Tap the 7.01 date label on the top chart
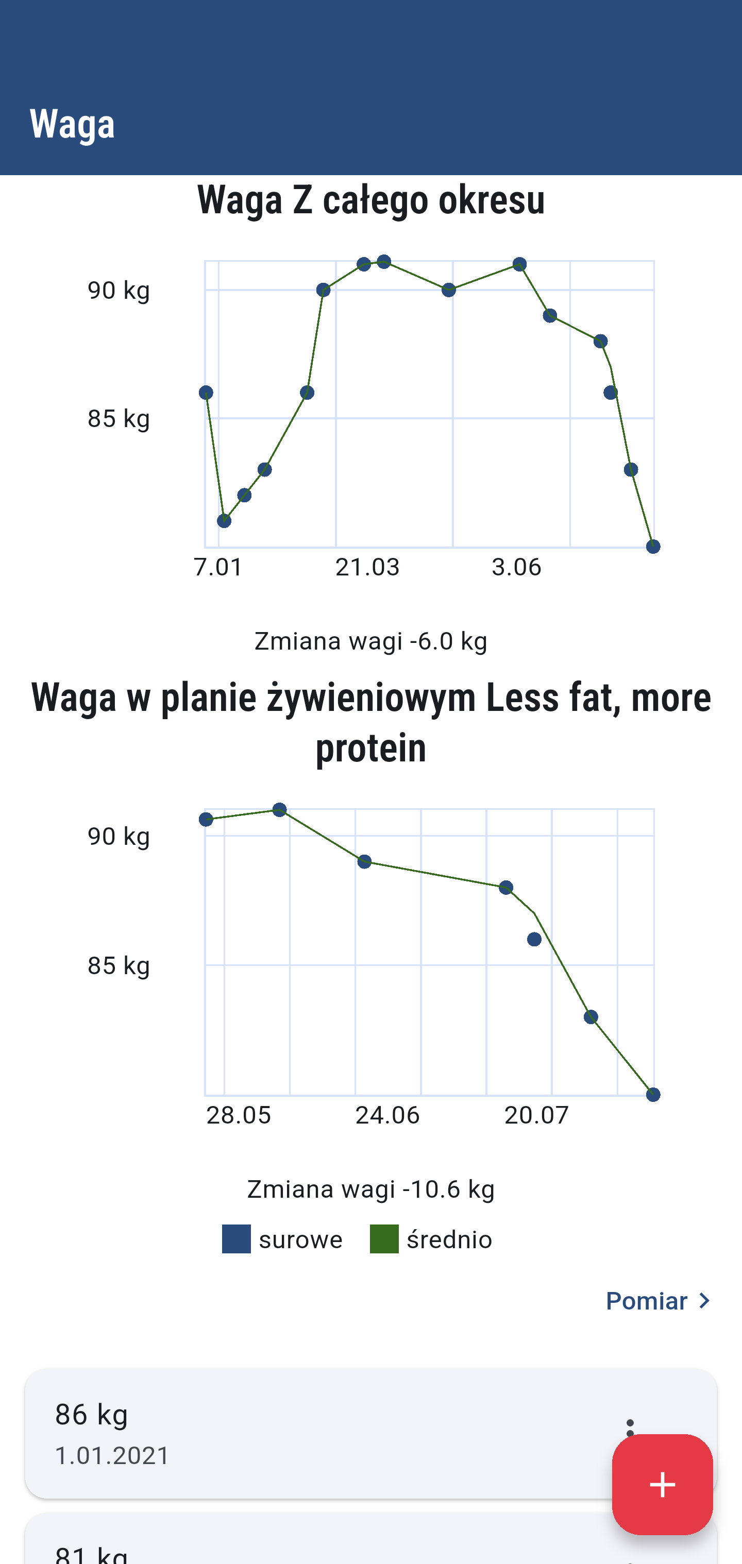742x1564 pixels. coord(218,567)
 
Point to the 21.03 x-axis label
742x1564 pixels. coord(367,567)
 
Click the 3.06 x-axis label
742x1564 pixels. coord(516,567)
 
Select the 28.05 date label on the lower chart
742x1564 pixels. coord(239,1115)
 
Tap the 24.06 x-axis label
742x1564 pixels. coord(387,1115)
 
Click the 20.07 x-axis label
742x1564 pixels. coord(537,1115)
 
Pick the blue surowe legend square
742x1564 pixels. coord(236,1238)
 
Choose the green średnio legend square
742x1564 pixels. coord(384,1238)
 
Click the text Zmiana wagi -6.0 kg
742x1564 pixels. coord(371,641)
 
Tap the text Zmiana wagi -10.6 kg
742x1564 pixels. coord(371,1189)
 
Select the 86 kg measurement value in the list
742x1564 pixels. coord(92,1415)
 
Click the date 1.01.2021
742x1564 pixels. coord(112,1456)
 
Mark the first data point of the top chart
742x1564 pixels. coord(206,393)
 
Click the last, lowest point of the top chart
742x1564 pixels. coord(653,547)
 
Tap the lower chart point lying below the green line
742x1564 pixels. coord(534,939)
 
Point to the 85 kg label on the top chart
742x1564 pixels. coord(119,418)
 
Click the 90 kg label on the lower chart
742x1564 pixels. coord(119,837)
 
